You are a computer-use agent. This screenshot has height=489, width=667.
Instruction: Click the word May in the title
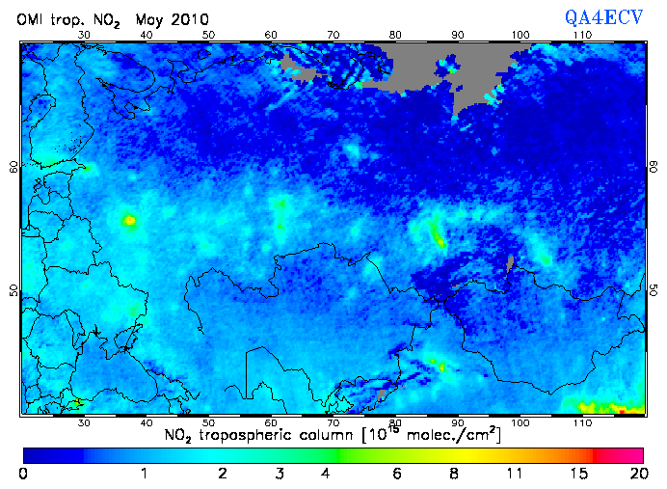148,19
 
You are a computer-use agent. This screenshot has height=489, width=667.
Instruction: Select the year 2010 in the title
187,19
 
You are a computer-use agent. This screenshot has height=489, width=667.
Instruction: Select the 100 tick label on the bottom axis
520,422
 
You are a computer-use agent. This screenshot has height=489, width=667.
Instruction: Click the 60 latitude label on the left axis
13,166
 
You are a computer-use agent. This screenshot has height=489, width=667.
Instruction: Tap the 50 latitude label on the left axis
13,290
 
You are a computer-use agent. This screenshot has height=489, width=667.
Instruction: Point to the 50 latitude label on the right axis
653,290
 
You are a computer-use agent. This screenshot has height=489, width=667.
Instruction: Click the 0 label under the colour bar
23,474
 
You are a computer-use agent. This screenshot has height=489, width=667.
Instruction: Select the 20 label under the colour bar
635,474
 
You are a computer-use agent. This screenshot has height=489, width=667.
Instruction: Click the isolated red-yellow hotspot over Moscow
128,221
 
